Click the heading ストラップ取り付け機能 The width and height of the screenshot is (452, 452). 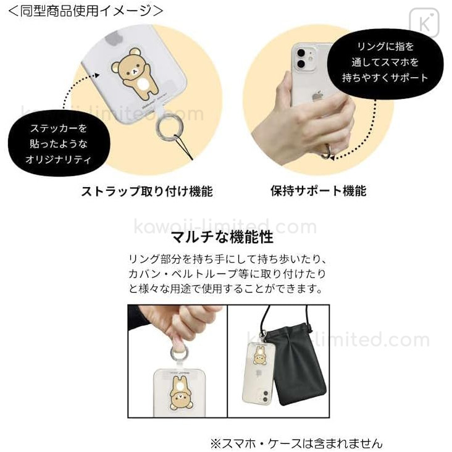pos(147,191)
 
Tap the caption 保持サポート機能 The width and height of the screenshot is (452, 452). pos(319,191)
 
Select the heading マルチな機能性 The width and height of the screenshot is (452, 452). pos(222,237)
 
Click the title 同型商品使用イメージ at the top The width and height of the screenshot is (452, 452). pos(85,11)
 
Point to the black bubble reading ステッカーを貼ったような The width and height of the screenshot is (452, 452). pos(59,143)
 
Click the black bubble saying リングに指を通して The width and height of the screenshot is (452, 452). pos(385,62)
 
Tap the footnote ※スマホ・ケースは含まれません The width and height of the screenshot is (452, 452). pos(296,443)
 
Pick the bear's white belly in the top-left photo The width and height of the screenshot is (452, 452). pos(143,85)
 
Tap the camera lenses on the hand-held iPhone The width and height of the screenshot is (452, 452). pos(301,59)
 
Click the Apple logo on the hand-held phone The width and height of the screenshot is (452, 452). pos(317,96)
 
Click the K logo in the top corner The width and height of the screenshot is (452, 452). pos(424,23)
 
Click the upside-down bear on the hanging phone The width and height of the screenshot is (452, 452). pos(178,393)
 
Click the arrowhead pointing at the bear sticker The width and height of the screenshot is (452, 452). pos(97,75)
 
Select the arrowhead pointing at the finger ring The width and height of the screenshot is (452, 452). pos(332,157)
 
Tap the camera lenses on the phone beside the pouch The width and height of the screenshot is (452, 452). pos(264,396)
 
